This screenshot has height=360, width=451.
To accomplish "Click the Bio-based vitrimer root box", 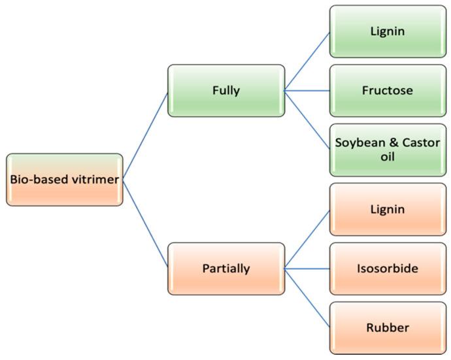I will click(x=65, y=180).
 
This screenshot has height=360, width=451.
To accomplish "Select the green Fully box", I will click(x=226, y=91).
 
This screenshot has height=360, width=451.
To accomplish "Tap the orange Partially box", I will click(x=226, y=269).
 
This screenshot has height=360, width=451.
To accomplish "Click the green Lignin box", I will click(x=388, y=31).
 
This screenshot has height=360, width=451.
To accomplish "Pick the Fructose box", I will click(x=388, y=91).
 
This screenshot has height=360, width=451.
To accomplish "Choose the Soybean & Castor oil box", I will click(x=388, y=150).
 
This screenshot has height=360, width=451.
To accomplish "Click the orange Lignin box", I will click(x=388, y=210).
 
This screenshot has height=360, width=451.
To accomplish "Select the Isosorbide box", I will click(x=388, y=269).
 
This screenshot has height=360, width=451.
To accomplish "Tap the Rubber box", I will click(x=388, y=328).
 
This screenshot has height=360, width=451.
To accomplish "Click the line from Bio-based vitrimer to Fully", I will click(x=145, y=135).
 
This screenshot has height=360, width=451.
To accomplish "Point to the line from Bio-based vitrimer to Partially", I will click(x=145, y=224).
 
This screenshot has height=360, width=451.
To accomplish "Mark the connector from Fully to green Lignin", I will click(x=307, y=61).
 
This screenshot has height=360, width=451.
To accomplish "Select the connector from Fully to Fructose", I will click(x=307, y=91).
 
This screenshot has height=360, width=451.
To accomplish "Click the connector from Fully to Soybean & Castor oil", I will click(x=307, y=120).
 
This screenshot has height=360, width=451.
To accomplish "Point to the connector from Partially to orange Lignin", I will click(x=307, y=239).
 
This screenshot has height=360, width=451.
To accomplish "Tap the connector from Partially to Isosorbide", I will click(x=307, y=269).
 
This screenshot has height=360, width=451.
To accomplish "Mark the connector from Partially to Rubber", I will click(x=307, y=298).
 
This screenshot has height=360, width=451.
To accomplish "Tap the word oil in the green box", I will click(x=388, y=158).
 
